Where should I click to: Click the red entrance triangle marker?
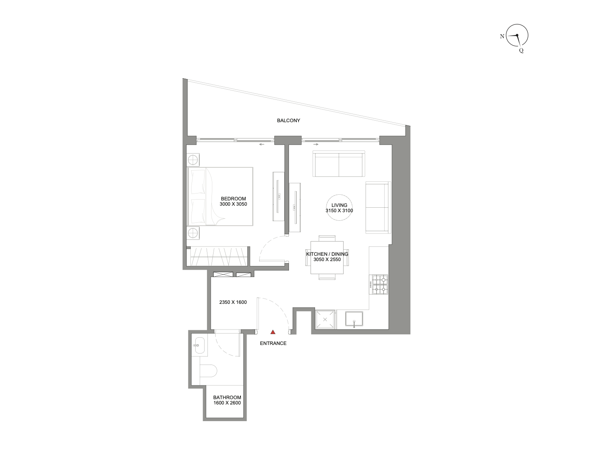tap(273, 332)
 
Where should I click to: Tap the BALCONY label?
tap(289, 121)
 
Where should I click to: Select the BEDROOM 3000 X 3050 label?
tap(234, 201)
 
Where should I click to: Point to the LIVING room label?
tap(339, 208)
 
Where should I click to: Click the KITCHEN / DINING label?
tap(327, 257)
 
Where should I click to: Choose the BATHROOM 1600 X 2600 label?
tap(227, 400)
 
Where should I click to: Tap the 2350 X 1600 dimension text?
tap(233, 302)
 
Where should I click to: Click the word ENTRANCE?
tap(273, 343)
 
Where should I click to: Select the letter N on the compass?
tap(502, 36)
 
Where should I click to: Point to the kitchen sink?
tap(354, 320)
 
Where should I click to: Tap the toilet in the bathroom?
tap(208, 371)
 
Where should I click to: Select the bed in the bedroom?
tap(220, 196)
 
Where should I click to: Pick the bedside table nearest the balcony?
tap(193, 160)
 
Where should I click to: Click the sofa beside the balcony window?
tap(339, 164)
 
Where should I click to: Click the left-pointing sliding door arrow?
tap(261, 144)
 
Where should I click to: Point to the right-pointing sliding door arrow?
tap(315, 144)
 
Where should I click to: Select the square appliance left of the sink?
tap(325, 319)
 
